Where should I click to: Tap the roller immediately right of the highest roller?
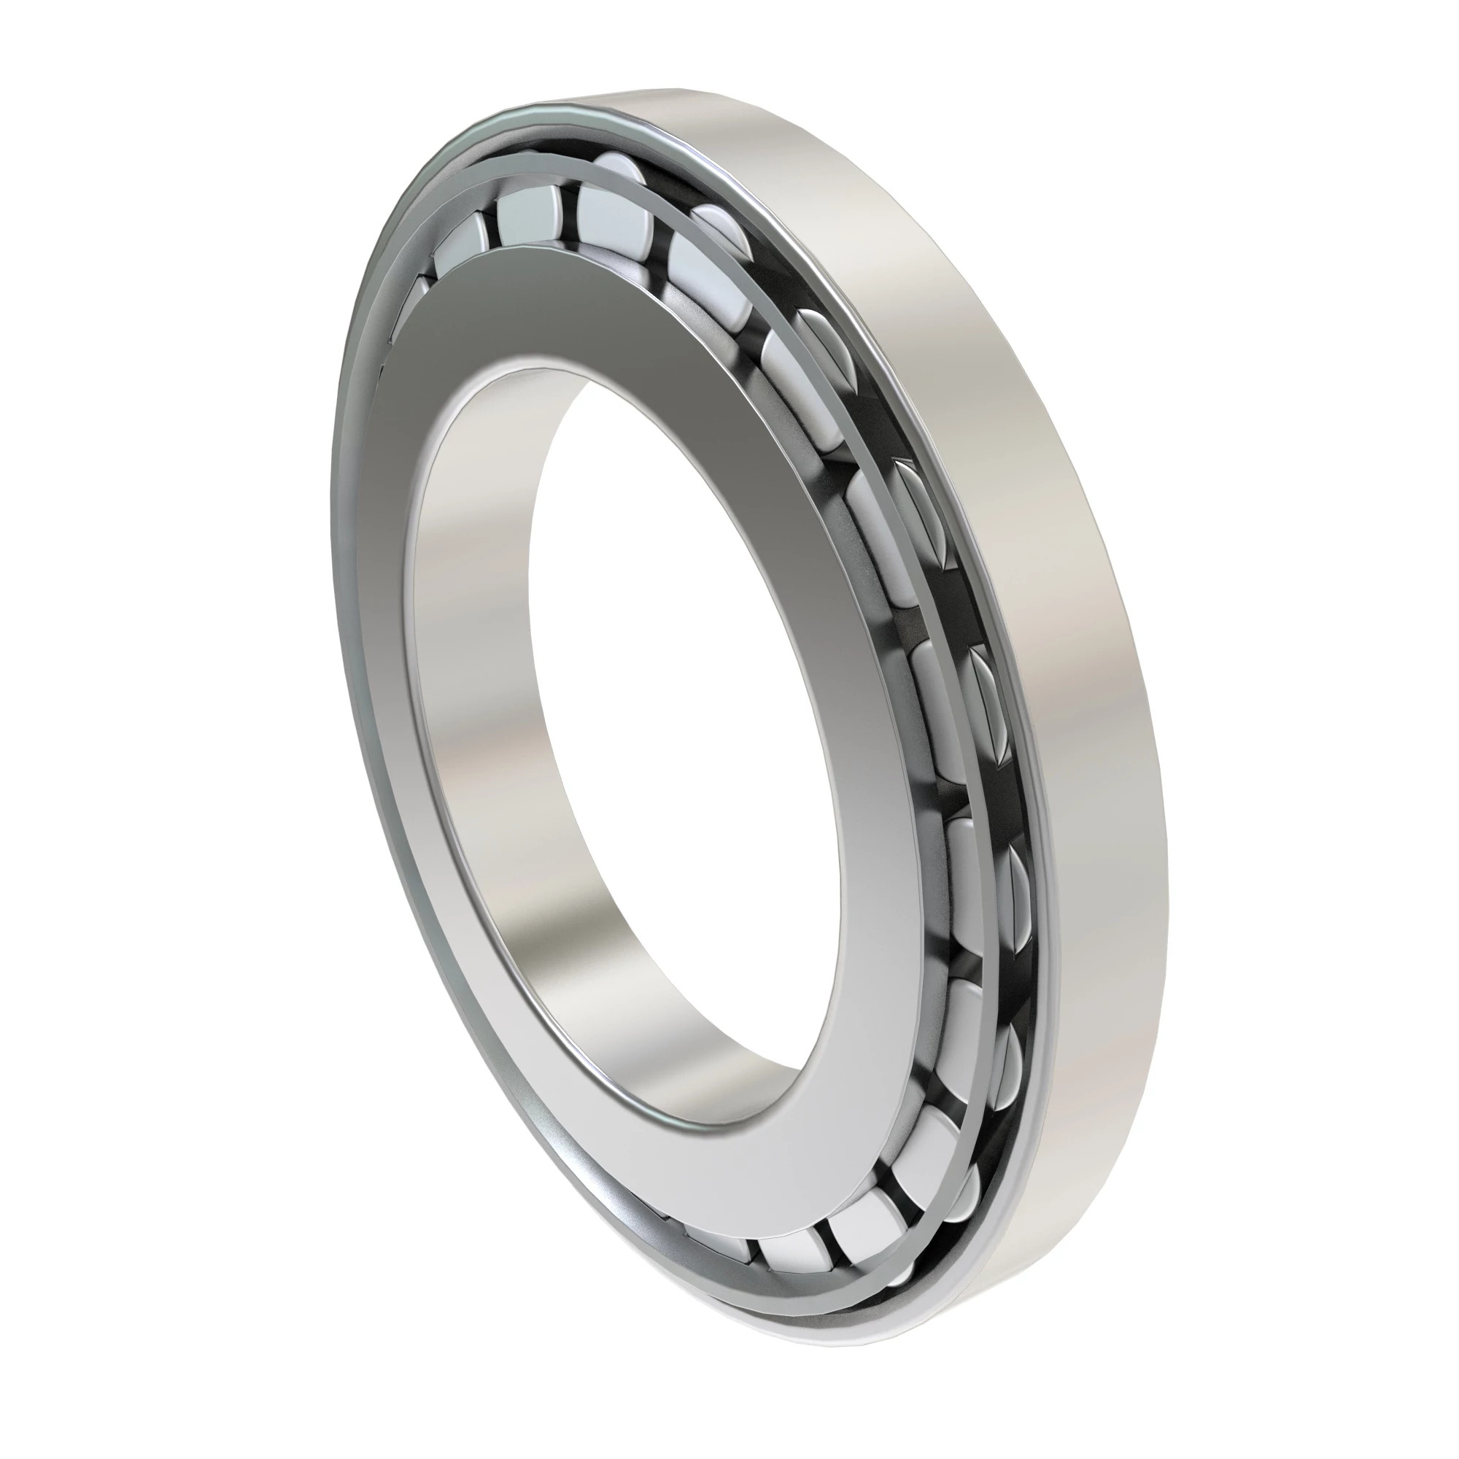710,249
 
